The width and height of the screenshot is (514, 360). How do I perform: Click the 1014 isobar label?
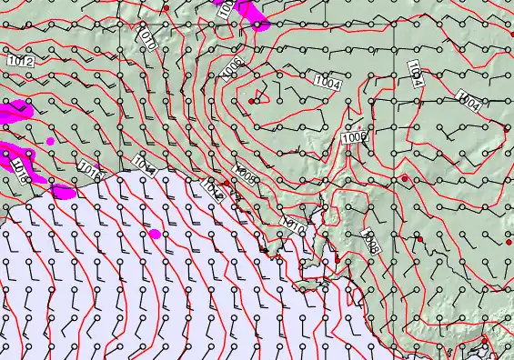point(144,164)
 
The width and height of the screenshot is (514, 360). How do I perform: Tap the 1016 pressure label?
point(88,169)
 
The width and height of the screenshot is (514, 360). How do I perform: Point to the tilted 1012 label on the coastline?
point(212,187)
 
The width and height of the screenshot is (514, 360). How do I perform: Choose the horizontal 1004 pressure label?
point(328,85)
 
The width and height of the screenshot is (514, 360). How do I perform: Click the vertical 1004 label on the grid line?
point(414,74)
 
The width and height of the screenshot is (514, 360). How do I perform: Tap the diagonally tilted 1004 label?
point(469,101)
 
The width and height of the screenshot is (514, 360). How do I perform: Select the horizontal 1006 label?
point(353,136)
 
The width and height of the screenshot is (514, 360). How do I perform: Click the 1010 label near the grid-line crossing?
point(148,38)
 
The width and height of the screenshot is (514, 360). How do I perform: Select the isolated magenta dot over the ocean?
point(155,235)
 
